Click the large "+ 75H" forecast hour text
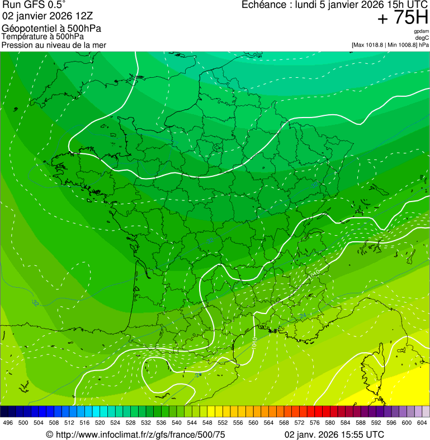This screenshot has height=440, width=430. pos(402,18)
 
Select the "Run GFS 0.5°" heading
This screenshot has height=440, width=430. pos(34,5)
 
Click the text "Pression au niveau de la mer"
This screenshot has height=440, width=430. pos(54,45)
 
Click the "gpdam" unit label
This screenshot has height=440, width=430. pos(422,32)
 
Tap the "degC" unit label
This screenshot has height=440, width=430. pos(423,38)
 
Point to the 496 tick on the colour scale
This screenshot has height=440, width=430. pos(8,423)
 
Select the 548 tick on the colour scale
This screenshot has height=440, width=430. pos(206,423)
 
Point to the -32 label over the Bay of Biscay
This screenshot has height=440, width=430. pos(35,303)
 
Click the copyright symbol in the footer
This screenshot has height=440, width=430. pos(49,434)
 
